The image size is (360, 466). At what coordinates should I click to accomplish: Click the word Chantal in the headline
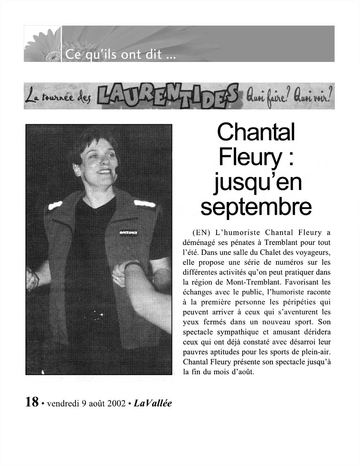(x=256, y=132)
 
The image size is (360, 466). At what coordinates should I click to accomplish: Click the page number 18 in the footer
(x=32, y=402)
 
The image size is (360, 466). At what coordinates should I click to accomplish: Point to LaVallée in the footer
(x=153, y=403)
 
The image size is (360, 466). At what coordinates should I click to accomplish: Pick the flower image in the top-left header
(x=42, y=44)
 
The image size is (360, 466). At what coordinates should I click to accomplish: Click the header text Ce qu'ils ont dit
(x=119, y=55)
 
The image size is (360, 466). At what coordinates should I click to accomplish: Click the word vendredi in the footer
(x=62, y=403)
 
